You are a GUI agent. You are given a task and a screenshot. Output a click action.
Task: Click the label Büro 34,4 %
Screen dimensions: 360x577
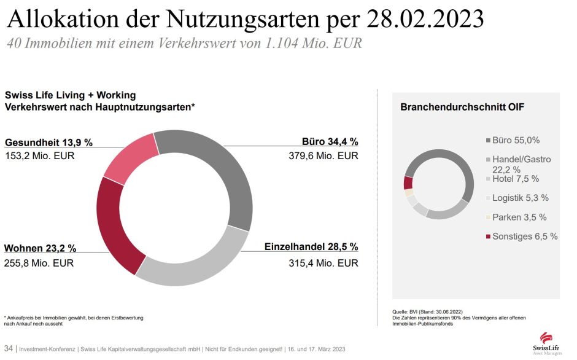330,141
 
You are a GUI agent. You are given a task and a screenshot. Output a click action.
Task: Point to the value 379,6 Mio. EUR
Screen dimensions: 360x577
323,156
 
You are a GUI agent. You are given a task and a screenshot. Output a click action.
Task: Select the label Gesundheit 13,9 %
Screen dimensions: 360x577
48,142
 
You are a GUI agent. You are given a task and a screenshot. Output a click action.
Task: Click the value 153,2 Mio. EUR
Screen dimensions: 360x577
40,156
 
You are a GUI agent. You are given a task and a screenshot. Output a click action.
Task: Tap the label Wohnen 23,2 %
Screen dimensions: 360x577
41,248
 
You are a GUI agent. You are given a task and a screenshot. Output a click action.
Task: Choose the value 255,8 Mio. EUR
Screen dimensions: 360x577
40,263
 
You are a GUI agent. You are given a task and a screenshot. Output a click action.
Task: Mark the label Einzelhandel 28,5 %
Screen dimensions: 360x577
311,247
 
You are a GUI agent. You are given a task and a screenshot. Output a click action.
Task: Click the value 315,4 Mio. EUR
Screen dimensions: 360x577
323,263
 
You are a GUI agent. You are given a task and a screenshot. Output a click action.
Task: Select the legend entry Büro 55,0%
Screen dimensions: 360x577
516,140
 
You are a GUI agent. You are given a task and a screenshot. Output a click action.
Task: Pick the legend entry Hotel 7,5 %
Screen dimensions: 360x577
516,179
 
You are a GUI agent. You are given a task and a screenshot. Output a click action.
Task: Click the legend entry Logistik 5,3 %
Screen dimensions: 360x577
520,198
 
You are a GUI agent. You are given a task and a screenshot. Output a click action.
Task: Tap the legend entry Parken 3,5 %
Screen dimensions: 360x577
519,217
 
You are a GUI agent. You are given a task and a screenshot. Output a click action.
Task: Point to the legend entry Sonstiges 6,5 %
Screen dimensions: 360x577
525,236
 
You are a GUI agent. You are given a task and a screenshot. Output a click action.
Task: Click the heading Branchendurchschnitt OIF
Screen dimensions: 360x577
462,107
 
